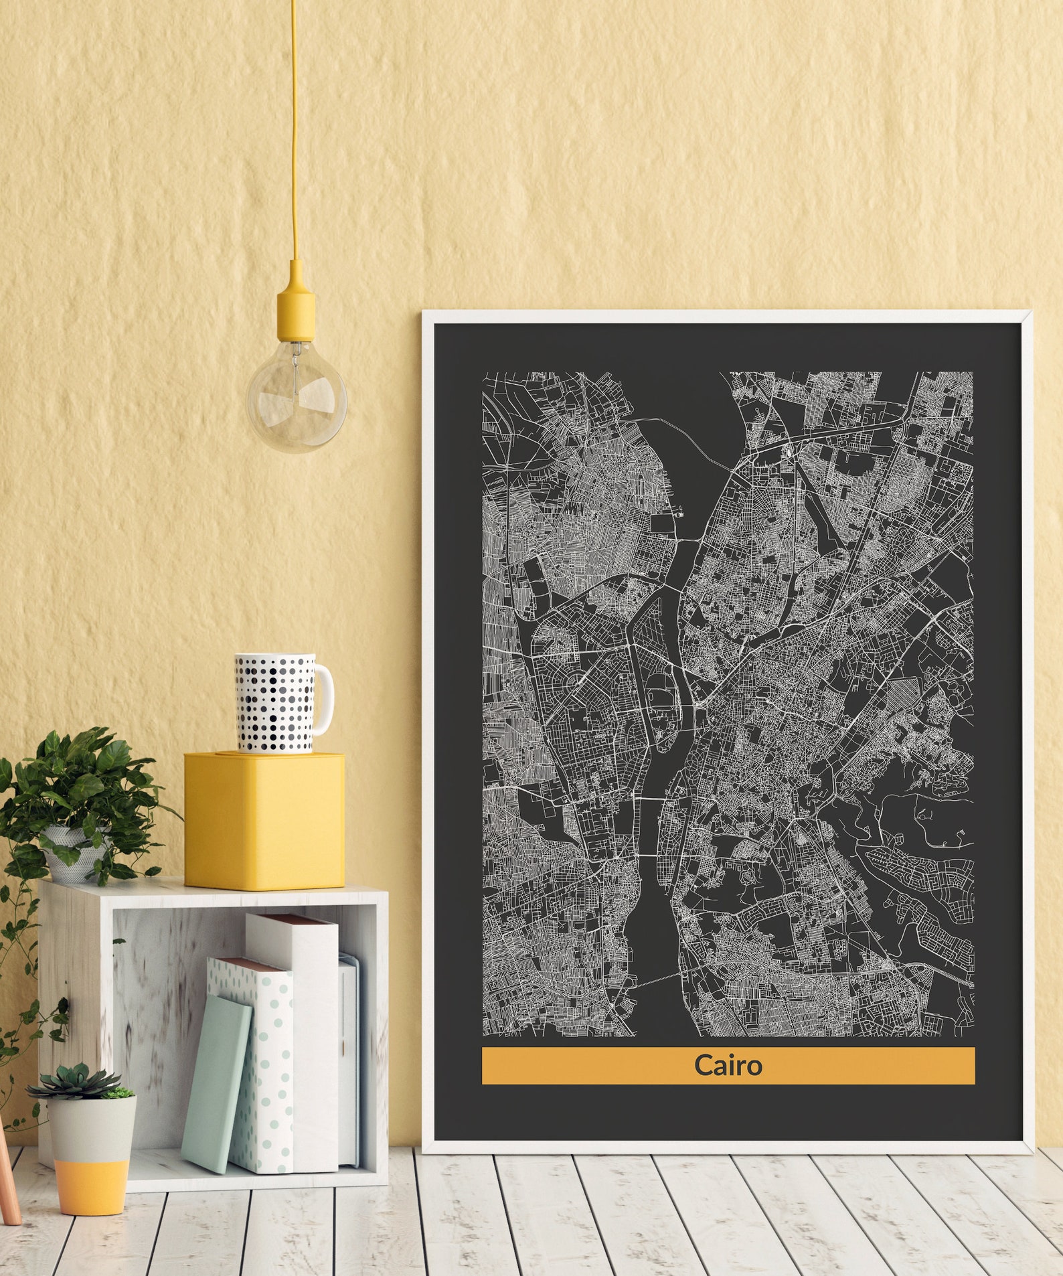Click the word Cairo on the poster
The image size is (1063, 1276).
728,1065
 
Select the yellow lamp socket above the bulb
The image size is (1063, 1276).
296,303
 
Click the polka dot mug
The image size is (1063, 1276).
275,703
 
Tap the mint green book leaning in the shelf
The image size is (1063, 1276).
216,1085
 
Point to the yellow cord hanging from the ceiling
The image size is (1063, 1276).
294,134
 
